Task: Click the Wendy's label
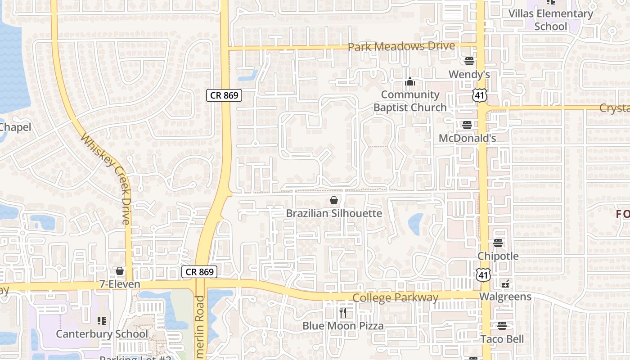pyautogui.click(x=469, y=74)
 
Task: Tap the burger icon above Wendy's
pyautogui.click(x=469, y=61)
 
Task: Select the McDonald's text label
pyautogui.click(x=467, y=138)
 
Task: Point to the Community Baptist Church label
pyautogui.click(x=409, y=101)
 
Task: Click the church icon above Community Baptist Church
pyautogui.click(x=409, y=82)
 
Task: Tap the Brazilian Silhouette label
pyautogui.click(x=334, y=213)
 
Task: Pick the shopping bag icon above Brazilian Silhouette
pyautogui.click(x=334, y=200)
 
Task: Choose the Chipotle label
pyautogui.click(x=498, y=256)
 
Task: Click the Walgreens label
pyautogui.click(x=505, y=297)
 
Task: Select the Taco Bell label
pyautogui.click(x=502, y=339)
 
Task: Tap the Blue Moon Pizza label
pyautogui.click(x=343, y=326)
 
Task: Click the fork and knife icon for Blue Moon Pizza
pyautogui.click(x=343, y=313)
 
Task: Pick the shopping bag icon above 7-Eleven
pyautogui.click(x=120, y=271)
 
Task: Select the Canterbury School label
pyautogui.click(x=102, y=334)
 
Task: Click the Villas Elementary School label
pyautogui.click(x=551, y=20)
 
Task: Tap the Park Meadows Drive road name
pyautogui.click(x=401, y=46)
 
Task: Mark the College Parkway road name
pyautogui.click(x=395, y=297)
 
